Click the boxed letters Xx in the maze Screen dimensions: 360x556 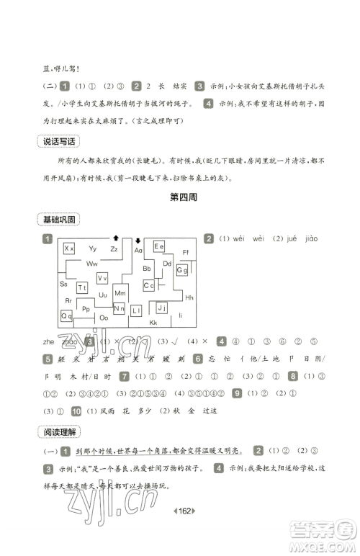tap(70, 248)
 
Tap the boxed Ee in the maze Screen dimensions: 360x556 tap(159, 246)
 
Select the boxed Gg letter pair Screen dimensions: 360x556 tap(182, 270)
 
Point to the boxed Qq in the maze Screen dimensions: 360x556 tap(66, 315)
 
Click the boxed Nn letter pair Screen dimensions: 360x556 tap(120, 309)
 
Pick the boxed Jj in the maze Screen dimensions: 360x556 tap(161, 308)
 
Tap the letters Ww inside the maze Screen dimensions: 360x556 tap(93, 264)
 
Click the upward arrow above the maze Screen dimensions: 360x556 tap(115, 237)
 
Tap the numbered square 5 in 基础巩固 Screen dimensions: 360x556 tap(48, 359)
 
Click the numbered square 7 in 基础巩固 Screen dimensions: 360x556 tap(125, 376)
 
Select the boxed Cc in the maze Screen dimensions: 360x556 tap(149, 286)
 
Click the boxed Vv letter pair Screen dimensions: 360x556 tap(103, 278)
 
